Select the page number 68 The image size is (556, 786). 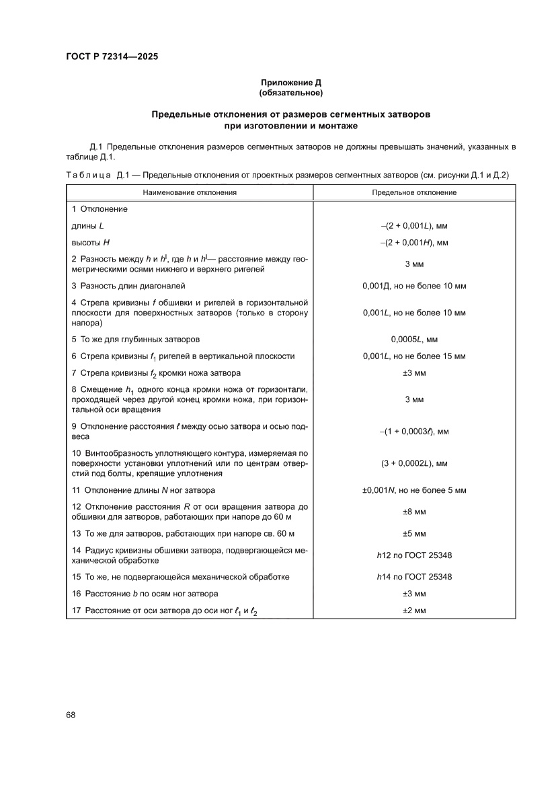pos(71,715)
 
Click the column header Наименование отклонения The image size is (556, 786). pos(190,192)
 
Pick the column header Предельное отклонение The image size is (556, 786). pos(414,192)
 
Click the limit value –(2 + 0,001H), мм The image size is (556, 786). pos(414,242)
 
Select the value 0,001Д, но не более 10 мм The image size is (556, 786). pos(414,286)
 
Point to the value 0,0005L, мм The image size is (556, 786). pos(414,339)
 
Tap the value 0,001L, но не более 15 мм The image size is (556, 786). pos(414,356)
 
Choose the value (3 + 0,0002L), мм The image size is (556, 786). pos(414,463)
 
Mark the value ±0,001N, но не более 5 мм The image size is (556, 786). pos(414,490)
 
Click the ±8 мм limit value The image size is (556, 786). pos(414,512)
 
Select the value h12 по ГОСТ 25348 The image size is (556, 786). pos(414,555)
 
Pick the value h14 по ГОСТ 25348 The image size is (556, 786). pos(414,577)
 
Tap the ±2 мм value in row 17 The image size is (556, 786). pos(414,611)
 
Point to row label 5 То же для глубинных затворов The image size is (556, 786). pos(135,339)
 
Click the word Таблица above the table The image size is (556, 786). pos(88,175)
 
